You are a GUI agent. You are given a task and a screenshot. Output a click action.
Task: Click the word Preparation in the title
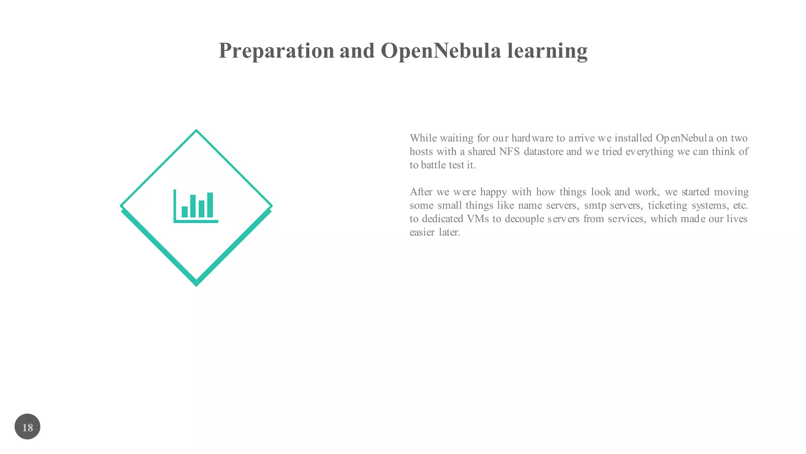(276, 51)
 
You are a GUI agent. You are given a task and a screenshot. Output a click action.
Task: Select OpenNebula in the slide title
(441, 51)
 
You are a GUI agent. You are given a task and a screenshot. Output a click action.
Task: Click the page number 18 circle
(28, 427)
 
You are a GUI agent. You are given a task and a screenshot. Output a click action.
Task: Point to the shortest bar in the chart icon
(185, 212)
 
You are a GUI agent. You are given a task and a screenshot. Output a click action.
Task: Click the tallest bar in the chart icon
(210, 205)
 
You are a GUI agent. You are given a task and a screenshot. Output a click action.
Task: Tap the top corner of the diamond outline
(196, 131)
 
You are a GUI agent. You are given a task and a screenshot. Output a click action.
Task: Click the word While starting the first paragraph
(423, 138)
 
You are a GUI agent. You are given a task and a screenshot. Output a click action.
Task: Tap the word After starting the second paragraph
(421, 192)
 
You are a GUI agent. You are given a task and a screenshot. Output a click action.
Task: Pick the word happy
(493, 192)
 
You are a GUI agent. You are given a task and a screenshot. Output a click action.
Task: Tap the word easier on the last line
(422, 232)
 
